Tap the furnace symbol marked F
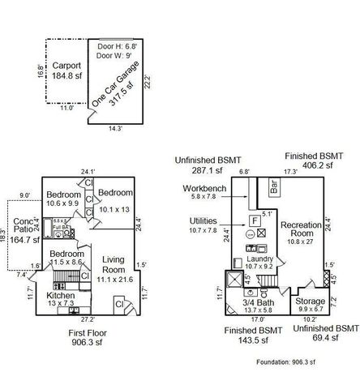(255, 220)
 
